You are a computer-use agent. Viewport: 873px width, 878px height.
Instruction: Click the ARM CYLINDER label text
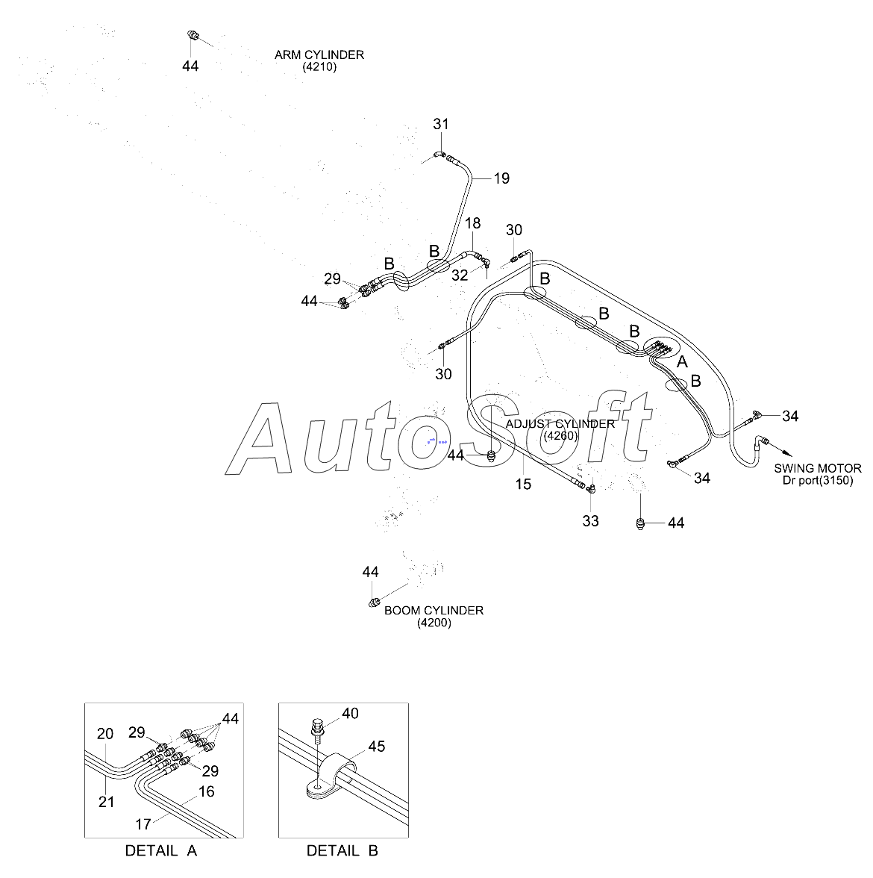319,55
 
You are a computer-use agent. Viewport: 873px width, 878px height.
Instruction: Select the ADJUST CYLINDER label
560,424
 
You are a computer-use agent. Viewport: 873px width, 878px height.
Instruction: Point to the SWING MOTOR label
817,468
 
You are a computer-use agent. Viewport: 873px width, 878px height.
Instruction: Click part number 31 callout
441,124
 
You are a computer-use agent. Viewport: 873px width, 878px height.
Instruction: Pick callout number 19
501,178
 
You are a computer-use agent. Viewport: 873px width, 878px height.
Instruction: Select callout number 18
473,223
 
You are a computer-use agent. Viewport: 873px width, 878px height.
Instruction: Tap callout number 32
460,275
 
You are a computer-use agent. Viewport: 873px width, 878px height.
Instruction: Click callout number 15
523,484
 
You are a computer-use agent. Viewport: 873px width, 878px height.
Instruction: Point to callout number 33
590,520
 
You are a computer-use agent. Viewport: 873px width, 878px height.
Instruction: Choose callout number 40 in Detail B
350,714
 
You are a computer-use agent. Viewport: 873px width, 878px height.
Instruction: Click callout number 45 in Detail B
377,747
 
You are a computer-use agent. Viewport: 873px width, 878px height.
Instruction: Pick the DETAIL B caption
342,850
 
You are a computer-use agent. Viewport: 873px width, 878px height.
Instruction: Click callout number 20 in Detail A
105,734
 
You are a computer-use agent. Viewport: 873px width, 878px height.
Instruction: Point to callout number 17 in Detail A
143,824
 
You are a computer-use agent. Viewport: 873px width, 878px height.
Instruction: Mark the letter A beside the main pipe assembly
681,362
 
